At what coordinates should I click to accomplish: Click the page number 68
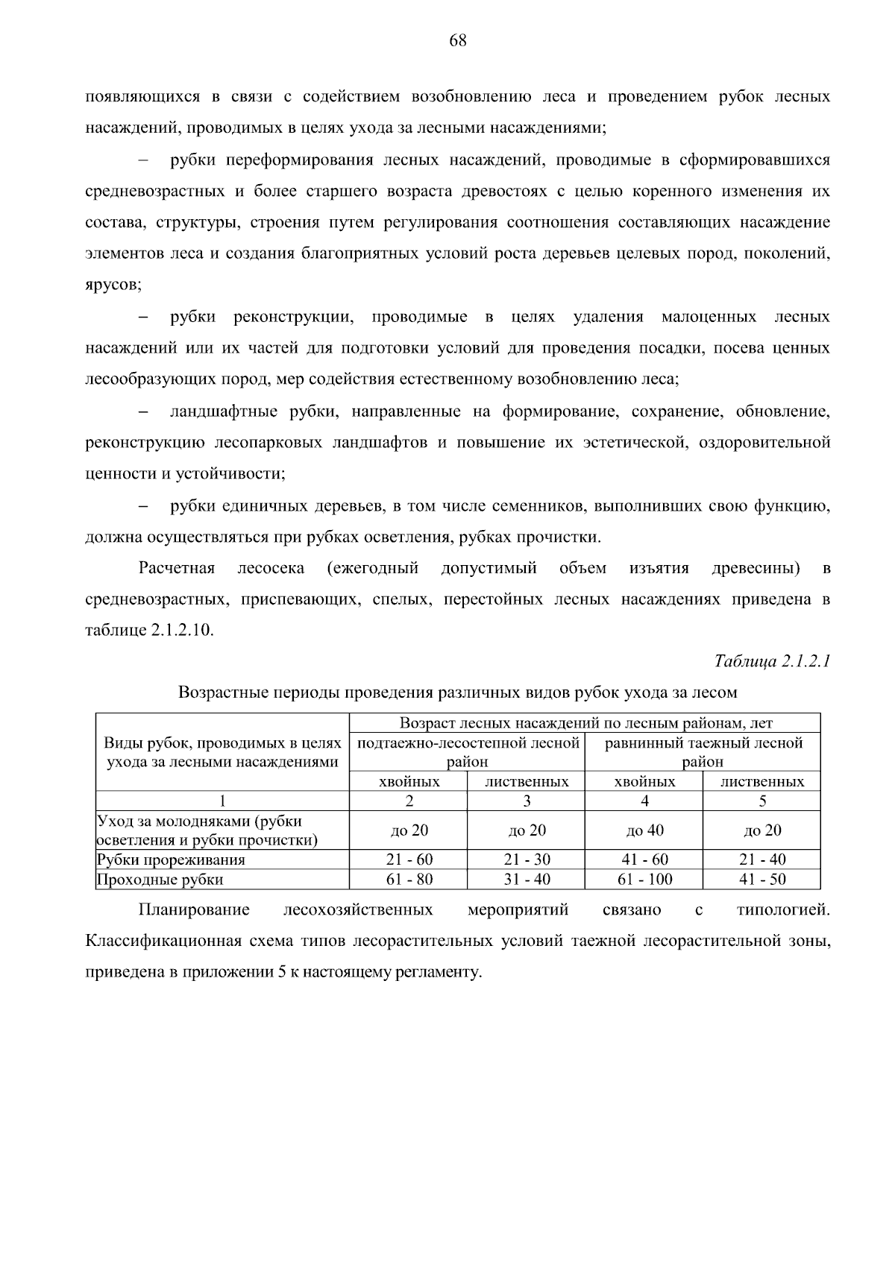click(x=457, y=41)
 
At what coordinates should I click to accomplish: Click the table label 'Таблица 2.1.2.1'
click(x=772, y=661)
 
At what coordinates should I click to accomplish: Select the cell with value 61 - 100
click(x=644, y=880)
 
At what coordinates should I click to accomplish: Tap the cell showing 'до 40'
click(x=644, y=830)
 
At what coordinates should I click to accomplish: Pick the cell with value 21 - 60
click(x=409, y=859)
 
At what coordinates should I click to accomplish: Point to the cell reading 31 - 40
click(x=527, y=880)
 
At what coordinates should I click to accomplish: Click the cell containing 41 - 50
click(x=762, y=880)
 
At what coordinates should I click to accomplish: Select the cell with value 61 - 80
click(x=409, y=880)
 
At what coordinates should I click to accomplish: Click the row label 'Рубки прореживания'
click(x=172, y=859)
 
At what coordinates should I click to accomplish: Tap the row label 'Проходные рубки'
click(x=160, y=880)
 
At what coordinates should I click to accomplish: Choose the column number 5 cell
click(x=762, y=801)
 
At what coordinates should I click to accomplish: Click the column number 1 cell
click(x=222, y=801)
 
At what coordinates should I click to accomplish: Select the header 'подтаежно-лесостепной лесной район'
click(x=468, y=752)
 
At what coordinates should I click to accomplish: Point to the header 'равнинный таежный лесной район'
click(x=703, y=752)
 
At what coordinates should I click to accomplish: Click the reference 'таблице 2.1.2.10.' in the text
click(x=149, y=631)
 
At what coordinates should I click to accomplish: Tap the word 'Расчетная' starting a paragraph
click(x=177, y=569)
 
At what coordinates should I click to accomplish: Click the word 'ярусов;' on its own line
click(x=113, y=285)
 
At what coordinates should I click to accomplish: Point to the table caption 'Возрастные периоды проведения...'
click(x=457, y=693)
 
